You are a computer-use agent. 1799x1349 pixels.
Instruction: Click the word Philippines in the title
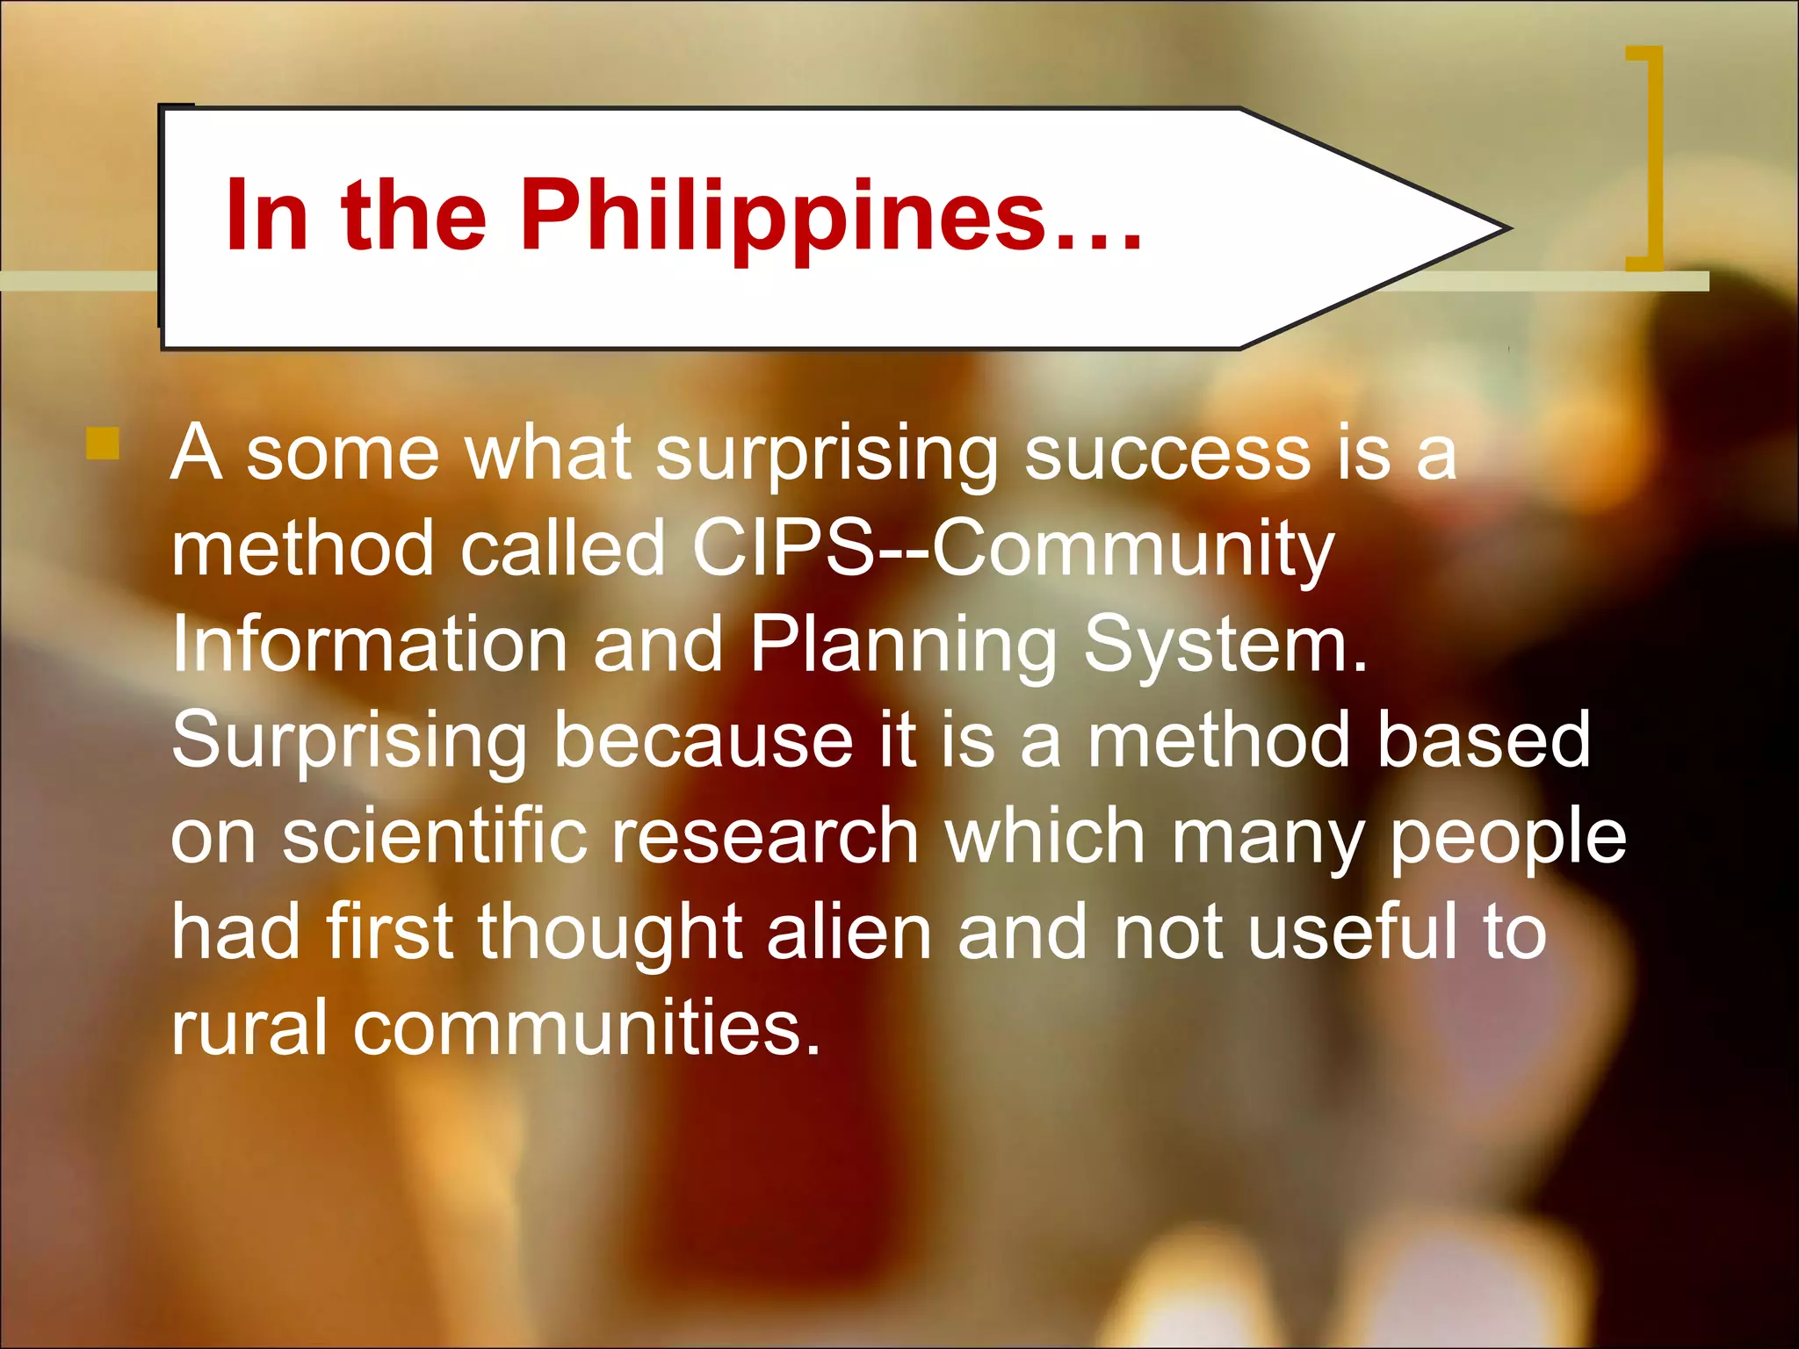coord(782,215)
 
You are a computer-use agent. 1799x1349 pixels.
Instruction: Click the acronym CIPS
coord(783,549)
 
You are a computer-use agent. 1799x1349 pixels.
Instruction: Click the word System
coord(1225,646)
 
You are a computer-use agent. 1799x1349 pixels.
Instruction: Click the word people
coord(1507,839)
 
